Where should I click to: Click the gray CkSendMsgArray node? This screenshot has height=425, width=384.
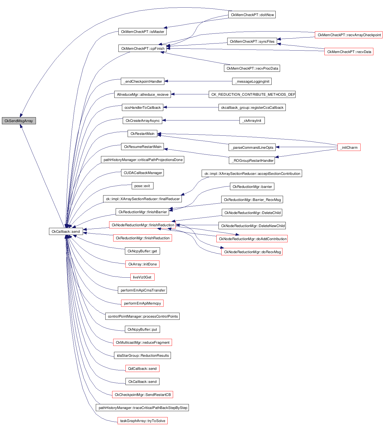tap(19, 121)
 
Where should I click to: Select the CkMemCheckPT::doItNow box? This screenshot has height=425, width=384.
tap(252, 15)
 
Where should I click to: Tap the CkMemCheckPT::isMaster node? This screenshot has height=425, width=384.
tap(142, 32)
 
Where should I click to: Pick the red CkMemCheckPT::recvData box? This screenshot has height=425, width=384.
tap(349, 52)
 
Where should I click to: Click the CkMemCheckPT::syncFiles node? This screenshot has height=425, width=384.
tap(252, 41)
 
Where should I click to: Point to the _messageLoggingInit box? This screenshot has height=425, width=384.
tap(252, 81)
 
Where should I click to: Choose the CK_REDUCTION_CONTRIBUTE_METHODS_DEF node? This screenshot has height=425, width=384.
tap(252, 94)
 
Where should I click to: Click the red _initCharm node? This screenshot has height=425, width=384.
tap(349, 147)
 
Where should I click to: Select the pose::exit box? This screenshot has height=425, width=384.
tap(142, 186)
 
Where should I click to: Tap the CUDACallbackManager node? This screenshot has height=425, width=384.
tap(142, 173)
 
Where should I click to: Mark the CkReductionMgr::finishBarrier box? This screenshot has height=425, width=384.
tap(142, 212)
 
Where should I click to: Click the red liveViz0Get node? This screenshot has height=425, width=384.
tap(142, 277)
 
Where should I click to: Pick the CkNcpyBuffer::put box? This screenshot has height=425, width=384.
tap(142, 329)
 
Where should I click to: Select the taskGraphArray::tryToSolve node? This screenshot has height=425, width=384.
tap(142, 421)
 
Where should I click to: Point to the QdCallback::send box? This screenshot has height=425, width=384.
tap(142, 368)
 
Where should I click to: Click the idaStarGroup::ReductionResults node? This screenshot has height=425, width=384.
tap(142, 355)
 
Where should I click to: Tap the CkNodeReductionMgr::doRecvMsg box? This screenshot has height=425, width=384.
tap(252, 252)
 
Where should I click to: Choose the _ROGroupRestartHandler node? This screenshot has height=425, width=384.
tap(252, 160)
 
